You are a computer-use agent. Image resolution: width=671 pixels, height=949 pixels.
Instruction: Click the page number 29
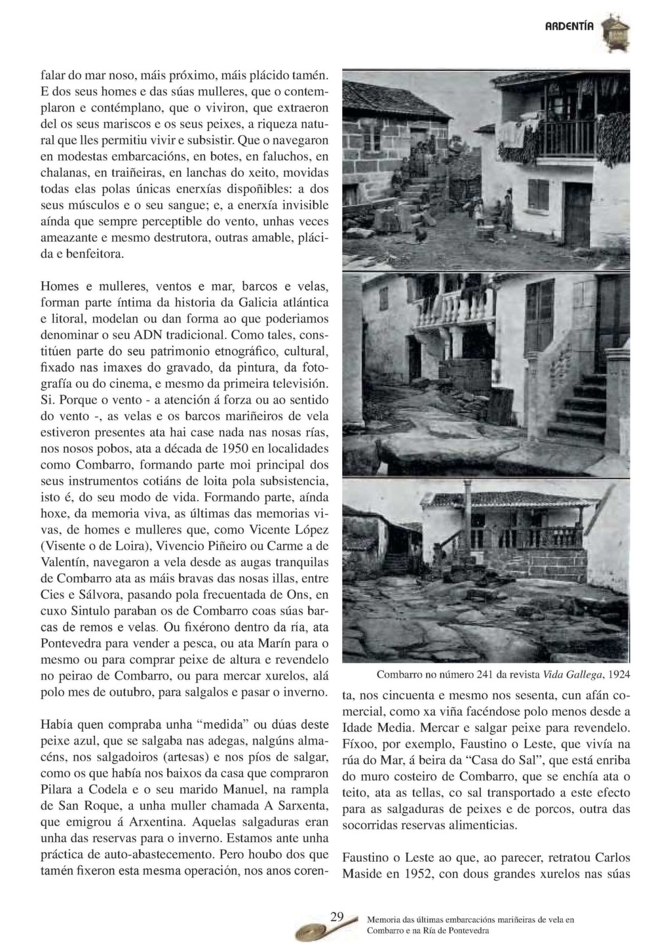click(x=336, y=917)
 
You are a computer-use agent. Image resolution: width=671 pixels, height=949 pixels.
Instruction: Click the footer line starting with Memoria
click(x=470, y=920)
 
